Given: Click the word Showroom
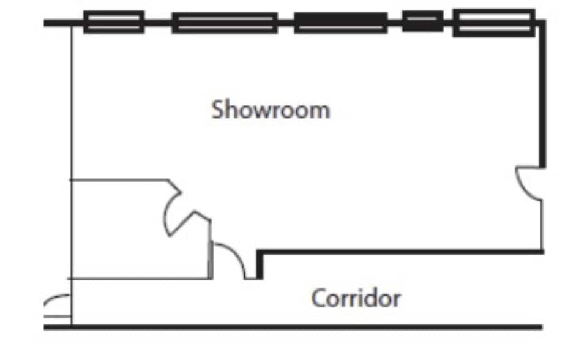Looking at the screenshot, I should (x=271, y=110).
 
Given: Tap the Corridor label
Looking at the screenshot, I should (x=356, y=299).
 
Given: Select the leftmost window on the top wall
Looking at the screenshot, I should (x=114, y=22).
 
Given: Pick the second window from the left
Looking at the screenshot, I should (x=225, y=23).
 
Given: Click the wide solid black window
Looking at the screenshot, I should (x=340, y=23).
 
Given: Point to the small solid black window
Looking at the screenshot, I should (x=422, y=21).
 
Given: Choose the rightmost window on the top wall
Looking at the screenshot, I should (x=493, y=23).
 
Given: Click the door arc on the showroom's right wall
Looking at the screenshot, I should (x=528, y=183).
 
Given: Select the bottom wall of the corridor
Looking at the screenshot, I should (x=294, y=327).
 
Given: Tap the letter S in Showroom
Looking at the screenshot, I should (x=217, y=110).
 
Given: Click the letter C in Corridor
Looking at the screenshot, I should (x=318, y=299).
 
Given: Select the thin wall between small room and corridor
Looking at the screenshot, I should (x=141, y=279).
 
